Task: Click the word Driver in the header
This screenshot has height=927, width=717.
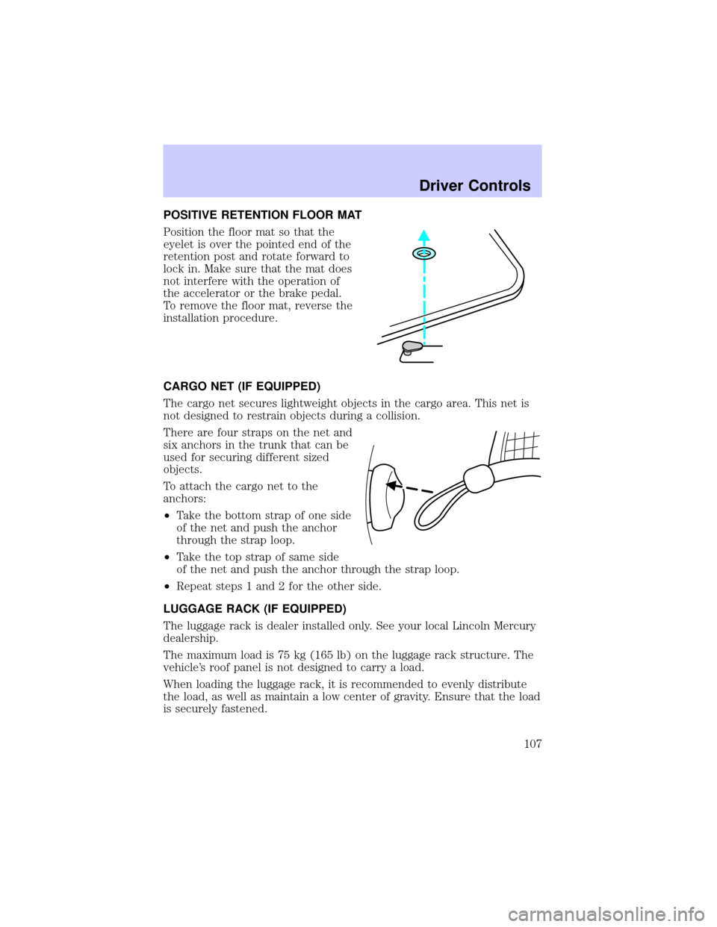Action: pyautogui.click(x=441, y=186)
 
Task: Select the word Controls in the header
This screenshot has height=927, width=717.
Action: pyautogui.click(x=500, y=186)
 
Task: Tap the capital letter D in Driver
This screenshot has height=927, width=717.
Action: pyautogui.click(x=424, y=186)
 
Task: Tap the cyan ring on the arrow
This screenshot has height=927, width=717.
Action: pyautogui.click(x=423, y=255)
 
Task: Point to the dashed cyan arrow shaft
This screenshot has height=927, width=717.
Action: pyautogui.click(x=423, y=299)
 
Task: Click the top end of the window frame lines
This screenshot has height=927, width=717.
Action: pyautogui.click(x=492, y=234)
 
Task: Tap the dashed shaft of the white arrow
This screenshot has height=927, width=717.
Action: pyautogui.click(x=418, y=490)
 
